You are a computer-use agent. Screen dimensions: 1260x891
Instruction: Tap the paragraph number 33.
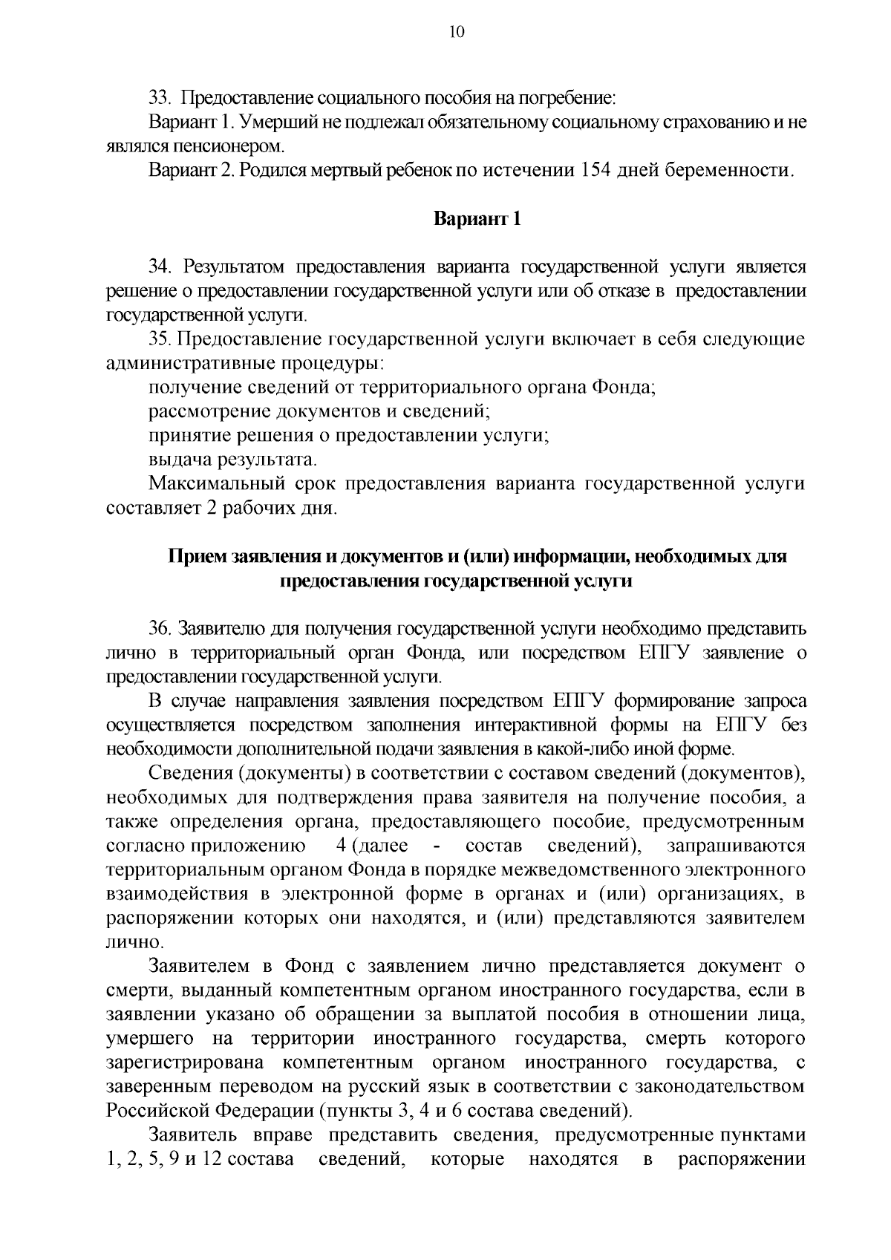click(x=160, y=98)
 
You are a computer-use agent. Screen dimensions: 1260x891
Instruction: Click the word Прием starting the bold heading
click(x=196, y=556)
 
